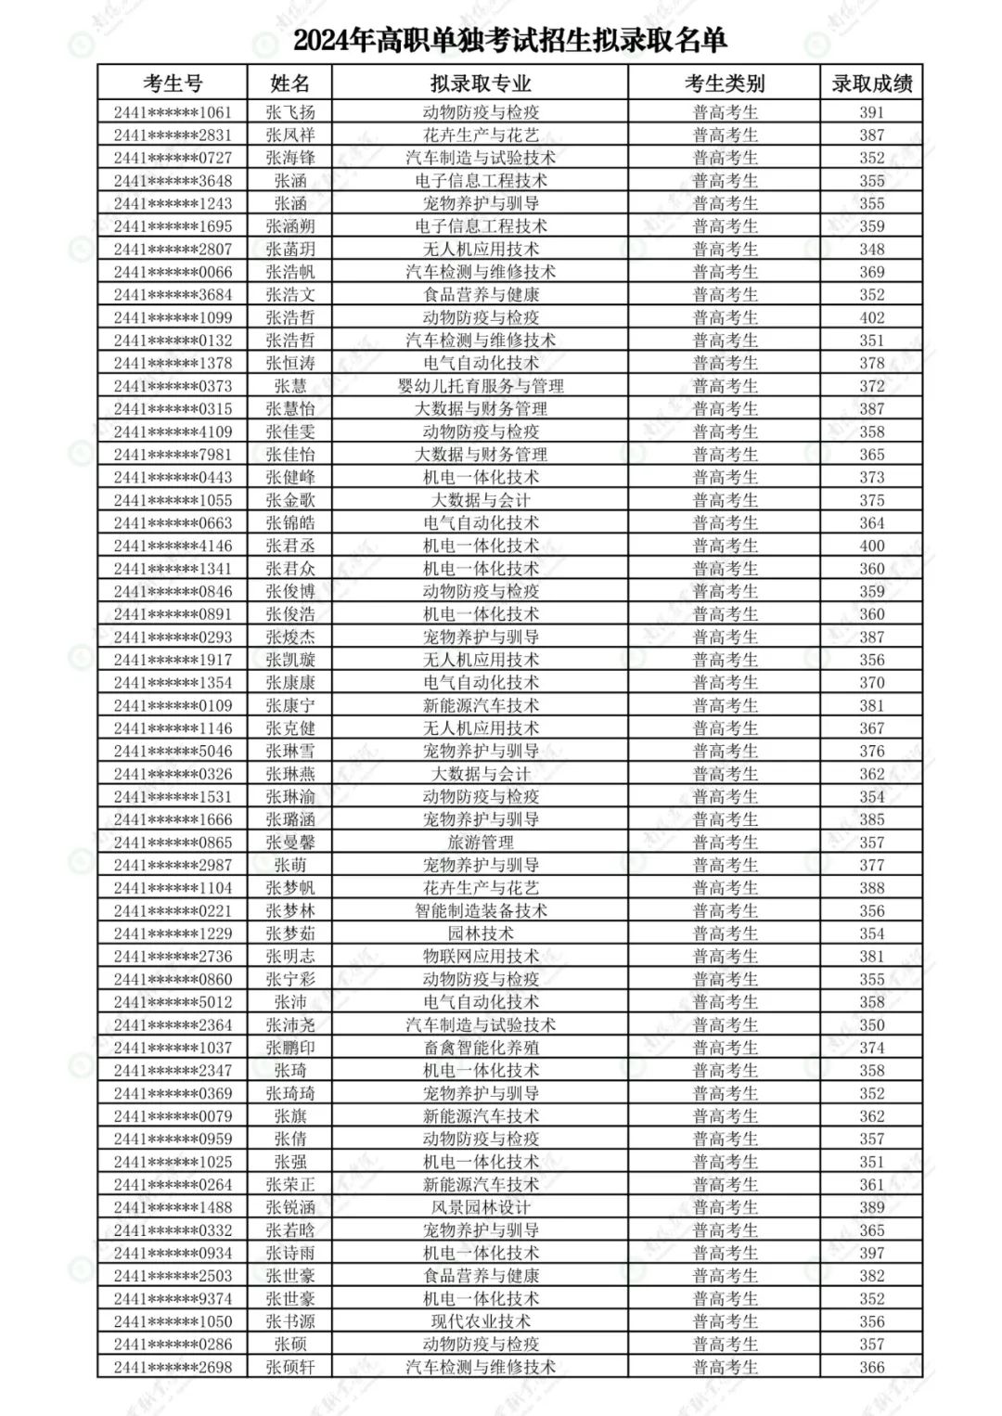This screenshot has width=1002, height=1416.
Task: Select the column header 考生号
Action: point(173,84)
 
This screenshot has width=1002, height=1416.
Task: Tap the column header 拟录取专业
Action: point(480,84)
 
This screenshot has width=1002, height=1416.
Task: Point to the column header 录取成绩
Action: point(871,84)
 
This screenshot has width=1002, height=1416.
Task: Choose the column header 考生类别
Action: point(725,84)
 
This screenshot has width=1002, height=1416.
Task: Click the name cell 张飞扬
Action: point(289,112)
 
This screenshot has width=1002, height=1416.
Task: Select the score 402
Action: point(871,317)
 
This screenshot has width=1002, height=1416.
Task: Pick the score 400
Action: point(871,546)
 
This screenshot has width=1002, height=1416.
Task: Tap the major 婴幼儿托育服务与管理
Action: point(480,386)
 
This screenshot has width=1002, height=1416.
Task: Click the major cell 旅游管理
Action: point(480,843)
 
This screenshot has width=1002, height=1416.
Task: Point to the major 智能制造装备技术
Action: point(480,911)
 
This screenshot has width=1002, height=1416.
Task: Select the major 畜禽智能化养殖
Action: point(480,1048)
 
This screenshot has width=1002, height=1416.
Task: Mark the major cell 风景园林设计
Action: point(480,1207)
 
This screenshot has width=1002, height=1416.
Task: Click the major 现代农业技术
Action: point(480,1321)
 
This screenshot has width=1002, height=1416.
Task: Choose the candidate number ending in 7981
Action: point(173,455)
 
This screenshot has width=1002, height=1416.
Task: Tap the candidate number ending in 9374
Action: point(173,1299)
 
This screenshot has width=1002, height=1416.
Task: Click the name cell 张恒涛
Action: point(289,363)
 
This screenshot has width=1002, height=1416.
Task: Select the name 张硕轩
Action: point(289,1367)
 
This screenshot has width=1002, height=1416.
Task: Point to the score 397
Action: point(871,1253)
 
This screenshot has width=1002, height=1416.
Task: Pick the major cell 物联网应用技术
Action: point(480,957)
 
